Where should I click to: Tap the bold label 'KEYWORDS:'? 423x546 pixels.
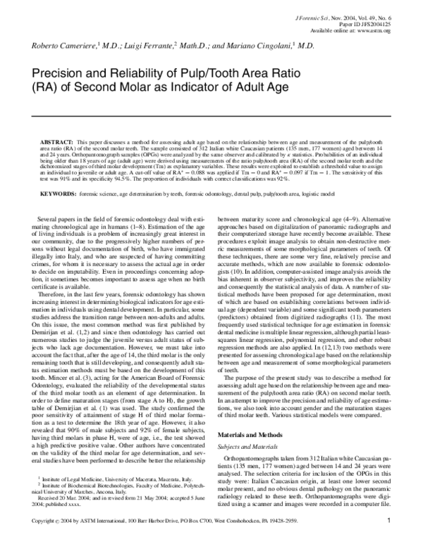pos(58,192)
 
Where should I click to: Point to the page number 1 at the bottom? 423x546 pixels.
pos(389,539)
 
